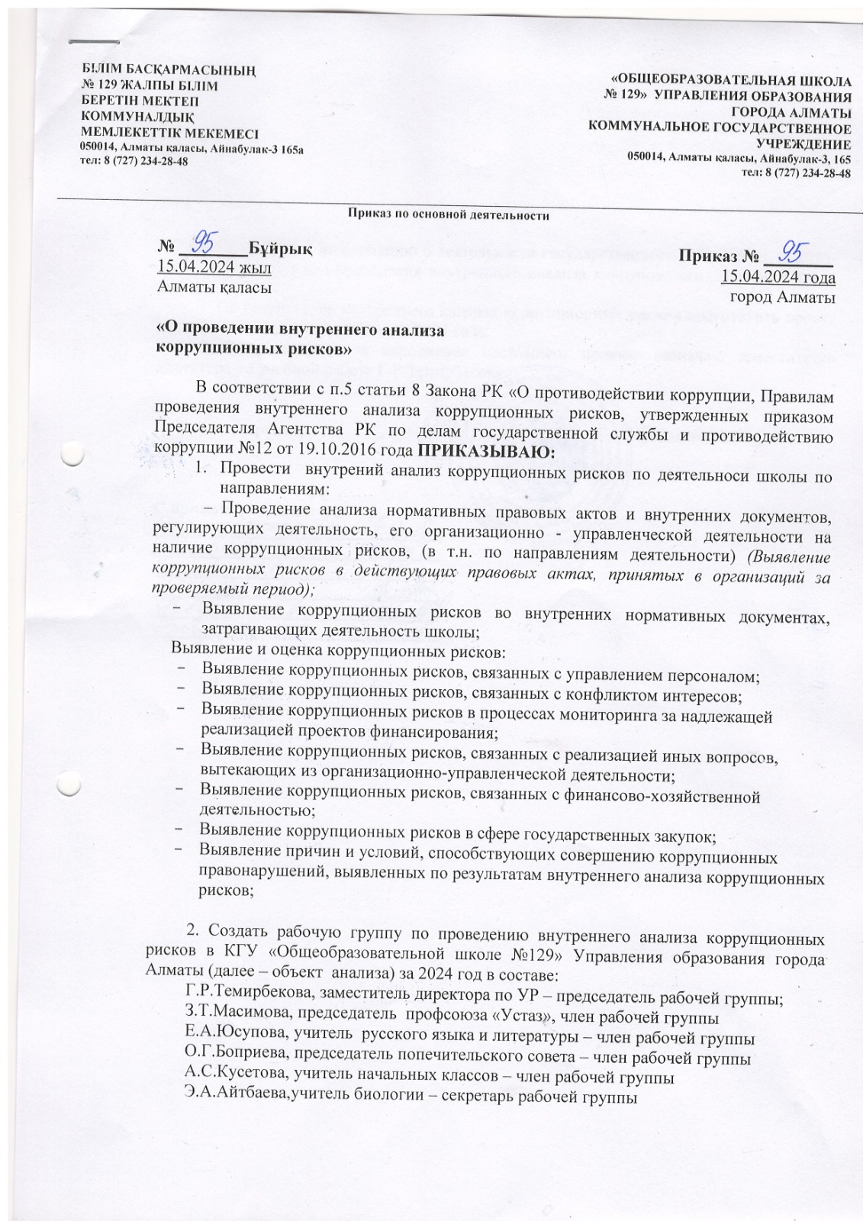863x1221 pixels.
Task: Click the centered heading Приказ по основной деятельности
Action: point(449,216)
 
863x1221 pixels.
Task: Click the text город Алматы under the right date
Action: point(781,298)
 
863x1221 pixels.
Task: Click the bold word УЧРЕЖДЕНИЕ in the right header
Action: point(803,143)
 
